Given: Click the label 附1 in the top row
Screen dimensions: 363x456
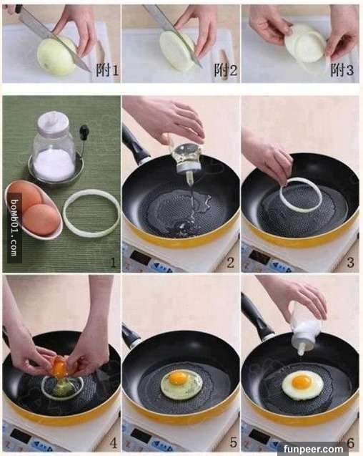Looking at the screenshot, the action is point(107,70).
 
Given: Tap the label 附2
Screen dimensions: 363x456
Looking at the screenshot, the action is point(225,70).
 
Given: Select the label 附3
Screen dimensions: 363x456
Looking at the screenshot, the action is point(342,70).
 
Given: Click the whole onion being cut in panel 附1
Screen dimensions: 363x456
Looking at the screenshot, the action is point(56,56).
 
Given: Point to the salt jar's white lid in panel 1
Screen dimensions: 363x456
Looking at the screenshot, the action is point(53,122).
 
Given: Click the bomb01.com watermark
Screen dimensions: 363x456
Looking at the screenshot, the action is point(14,228).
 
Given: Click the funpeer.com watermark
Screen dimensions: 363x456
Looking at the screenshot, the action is point(314,449).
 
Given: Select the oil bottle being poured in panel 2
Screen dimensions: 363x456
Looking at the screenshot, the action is point(185,158).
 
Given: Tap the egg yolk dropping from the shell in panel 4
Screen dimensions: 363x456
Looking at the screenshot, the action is point(59,366).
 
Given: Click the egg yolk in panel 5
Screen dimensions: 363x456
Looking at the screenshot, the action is point(178,378).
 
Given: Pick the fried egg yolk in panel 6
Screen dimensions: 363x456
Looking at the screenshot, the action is point(302,382).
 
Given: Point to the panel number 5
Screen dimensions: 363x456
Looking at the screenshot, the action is point(233,442).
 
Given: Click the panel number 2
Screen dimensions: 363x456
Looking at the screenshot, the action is point(230,263).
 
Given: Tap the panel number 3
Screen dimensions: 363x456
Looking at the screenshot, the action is point(350,263).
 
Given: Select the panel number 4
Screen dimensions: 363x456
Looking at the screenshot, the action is point(113,443).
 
